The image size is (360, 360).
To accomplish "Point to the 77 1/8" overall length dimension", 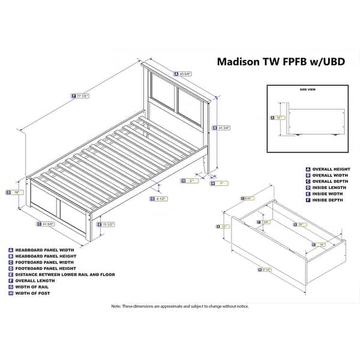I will [81, 95].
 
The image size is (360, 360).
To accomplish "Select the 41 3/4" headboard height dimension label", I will [223, 127].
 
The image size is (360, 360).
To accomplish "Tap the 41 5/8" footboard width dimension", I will [46, 224].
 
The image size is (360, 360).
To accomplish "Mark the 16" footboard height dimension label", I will [17, 193].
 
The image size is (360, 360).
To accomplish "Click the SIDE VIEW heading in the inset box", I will [307, 89].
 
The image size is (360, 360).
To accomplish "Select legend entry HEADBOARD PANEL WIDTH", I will [42, 250].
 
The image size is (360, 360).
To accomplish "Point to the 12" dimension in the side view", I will [277, 118].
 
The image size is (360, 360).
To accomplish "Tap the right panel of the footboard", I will [73, 211].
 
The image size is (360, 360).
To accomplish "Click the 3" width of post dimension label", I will [191, 180].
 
